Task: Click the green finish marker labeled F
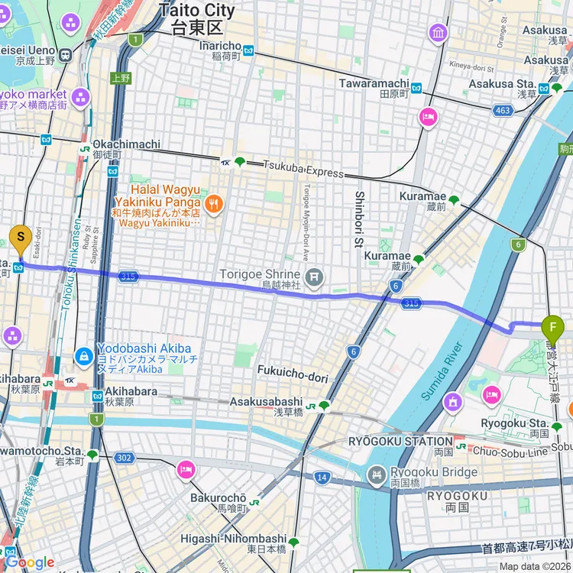(x=552, y=329)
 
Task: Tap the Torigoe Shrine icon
(x=312, y=276)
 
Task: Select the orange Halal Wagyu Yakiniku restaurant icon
(x=214, y=203)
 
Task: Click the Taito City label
(x=197, y=11)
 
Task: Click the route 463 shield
(x=502, y=112)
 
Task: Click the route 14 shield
(x=322, y=477)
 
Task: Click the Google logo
(x=28, y=563)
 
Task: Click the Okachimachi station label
(x=126, y=144)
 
